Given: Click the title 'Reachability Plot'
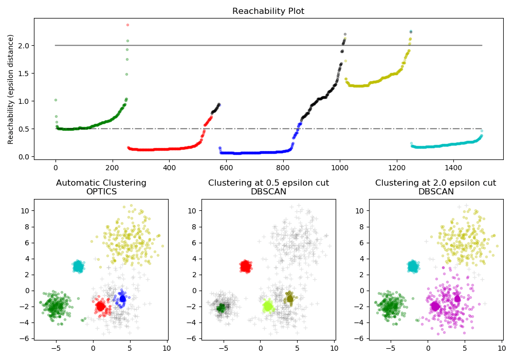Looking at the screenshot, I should click(x=268, y=11).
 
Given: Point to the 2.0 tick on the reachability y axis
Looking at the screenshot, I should click(x=24, y=45).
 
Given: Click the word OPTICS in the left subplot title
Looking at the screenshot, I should click(x=101, y=192).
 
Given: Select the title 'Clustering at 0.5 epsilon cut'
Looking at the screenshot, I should click(x=268, y=183).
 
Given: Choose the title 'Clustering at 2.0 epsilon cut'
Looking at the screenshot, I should click(x=435, y=183).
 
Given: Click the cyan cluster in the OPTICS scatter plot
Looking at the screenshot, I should click(x=78, y=266).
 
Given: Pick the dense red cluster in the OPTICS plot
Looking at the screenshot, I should click(x=101, y=307).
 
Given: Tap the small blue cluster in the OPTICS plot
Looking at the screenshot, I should click(x=122, y=298).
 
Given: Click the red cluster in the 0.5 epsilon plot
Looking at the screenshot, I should click(x=246, y=266).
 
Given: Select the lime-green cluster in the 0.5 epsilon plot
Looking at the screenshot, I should click(x=268, y=307).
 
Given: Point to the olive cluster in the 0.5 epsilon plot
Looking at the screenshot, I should click(x=290, y=298).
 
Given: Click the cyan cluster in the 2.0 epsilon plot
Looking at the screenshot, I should click(x=413, y=266).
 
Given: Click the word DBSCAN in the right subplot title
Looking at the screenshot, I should click(x=435, y=192).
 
